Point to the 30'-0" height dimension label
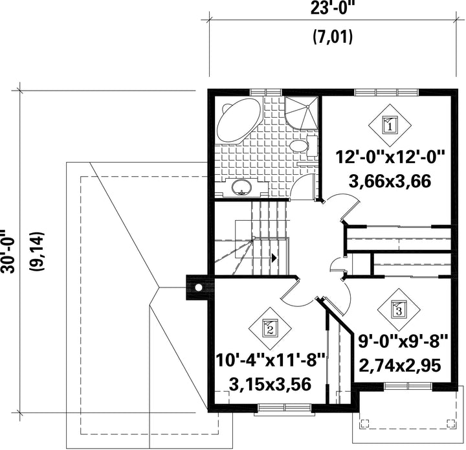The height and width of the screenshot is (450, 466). point(7,251)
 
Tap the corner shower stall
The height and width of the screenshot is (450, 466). point(301,113)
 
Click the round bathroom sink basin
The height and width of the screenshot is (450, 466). point(242,187)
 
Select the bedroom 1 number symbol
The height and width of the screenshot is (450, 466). point(390,126)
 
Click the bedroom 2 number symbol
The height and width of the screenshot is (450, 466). point(270,328)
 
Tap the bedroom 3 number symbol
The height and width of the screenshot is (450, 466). point(399,309)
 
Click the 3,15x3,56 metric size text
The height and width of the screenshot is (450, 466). point(270,385)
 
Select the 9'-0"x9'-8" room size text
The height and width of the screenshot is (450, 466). point(403,341)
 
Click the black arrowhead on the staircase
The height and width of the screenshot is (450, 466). point(274,258)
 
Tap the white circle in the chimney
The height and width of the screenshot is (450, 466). point(198,287)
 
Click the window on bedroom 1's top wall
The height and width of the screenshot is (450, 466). point(386,92)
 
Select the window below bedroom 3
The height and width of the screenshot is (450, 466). point(408,386)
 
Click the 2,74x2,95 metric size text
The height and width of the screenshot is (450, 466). point(400,366)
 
